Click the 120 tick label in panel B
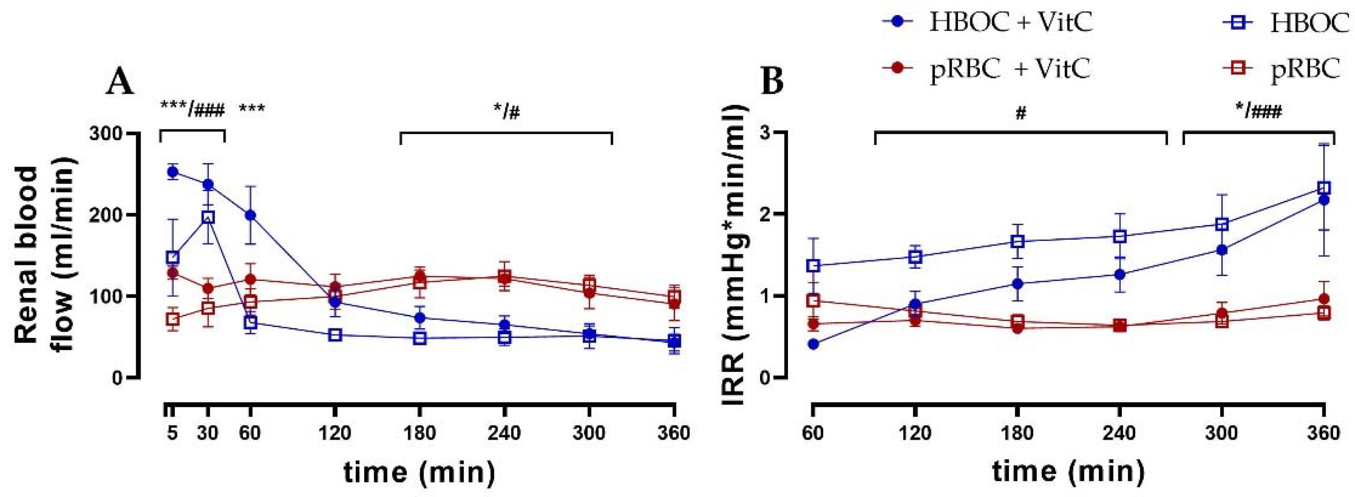tap(915, 434)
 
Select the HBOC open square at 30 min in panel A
tap(208, 217)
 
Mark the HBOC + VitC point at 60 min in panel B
tap(813, 344)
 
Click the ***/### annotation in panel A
tap(193, 110)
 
